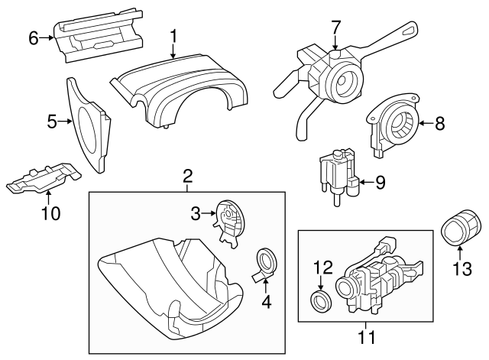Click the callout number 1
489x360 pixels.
pyautogui.click(x=173, y=35)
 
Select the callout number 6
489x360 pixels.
pyautogui.click(x=33, y=36)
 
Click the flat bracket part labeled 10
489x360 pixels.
pyautogui.click(x=42, y=180)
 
